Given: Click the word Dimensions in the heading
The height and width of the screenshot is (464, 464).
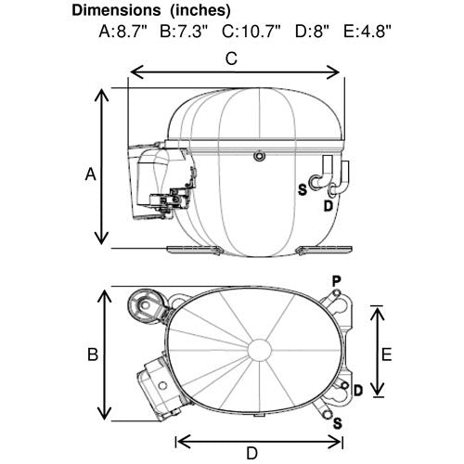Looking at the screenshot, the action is pyautogui.click(x=116, y=10).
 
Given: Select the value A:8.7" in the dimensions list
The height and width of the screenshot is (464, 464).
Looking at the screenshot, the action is pyautogui.click(x=123, y=32).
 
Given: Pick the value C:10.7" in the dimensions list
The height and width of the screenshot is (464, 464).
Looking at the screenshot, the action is pyautogui.click(x=251, y=32).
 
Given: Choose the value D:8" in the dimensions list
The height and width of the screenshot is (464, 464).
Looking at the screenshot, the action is pyautogui.click(x=312, y=32).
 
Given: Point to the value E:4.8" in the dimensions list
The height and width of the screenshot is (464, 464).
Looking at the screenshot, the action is pyautogui.click(x=367, y=32).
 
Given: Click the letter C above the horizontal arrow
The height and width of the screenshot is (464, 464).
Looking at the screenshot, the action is pyautogui.click(x=231, y=58).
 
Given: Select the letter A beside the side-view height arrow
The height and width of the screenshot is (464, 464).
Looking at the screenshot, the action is pyautogui.click(x=90, y=174).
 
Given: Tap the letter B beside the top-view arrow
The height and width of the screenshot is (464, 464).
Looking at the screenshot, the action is pyautogui.click(x=93, y=354).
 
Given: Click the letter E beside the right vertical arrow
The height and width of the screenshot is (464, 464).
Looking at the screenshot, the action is pyautogui.click(x=386, y=354).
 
